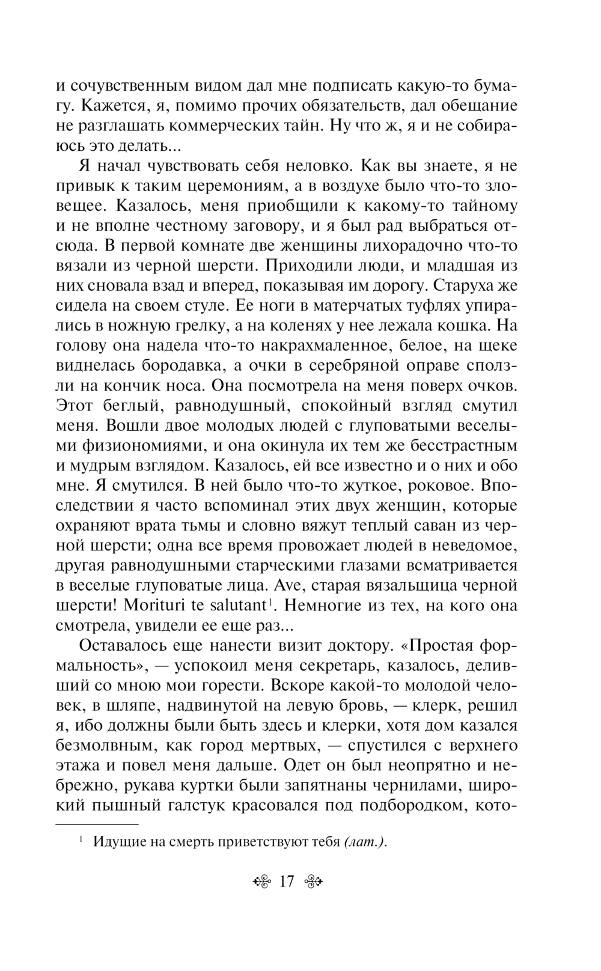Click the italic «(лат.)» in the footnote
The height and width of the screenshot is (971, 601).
pyautogui.click(x=365, y=842)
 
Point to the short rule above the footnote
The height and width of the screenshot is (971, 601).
pyautogui.click(x=97, y=824)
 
